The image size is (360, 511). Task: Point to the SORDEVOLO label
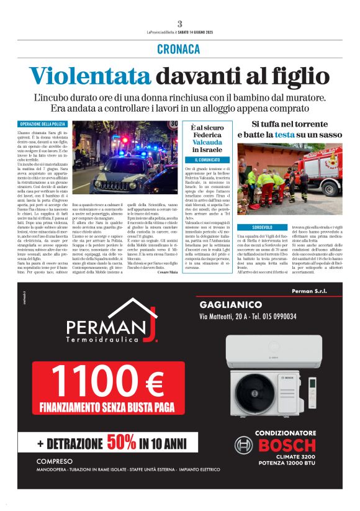(x=252, y=228)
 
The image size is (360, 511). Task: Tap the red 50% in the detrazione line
(x=123, y=444)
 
